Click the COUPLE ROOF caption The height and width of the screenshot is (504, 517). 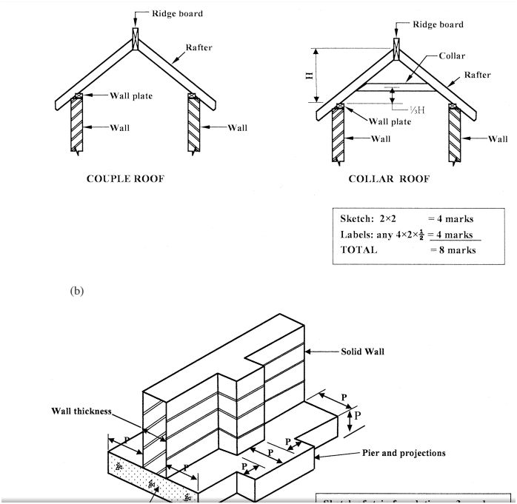coord(125,179)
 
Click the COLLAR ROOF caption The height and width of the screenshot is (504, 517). coord(389,179)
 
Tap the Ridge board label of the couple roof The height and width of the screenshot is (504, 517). coord(177,13)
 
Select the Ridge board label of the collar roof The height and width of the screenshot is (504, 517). coord(438,24)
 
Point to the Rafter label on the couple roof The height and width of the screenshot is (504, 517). coord(199,47)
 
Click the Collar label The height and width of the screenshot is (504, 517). coord(452,56)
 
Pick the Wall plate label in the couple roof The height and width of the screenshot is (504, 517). coord(131,95)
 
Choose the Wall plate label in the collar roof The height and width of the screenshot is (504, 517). coord(390,121)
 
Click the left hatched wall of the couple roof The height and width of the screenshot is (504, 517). coord(77,124)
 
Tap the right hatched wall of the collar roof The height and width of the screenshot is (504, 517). coord(455,134)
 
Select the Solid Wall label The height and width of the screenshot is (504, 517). coord(363,351)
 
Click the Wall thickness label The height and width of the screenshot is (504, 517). coord(81,411)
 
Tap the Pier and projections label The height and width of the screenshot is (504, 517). coord(404,453)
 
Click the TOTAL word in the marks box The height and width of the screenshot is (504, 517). coord(358,250)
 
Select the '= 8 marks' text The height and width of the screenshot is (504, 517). coord(453,250)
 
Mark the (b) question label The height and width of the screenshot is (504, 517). coord(77,291)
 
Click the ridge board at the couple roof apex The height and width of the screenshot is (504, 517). coord(134,37)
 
